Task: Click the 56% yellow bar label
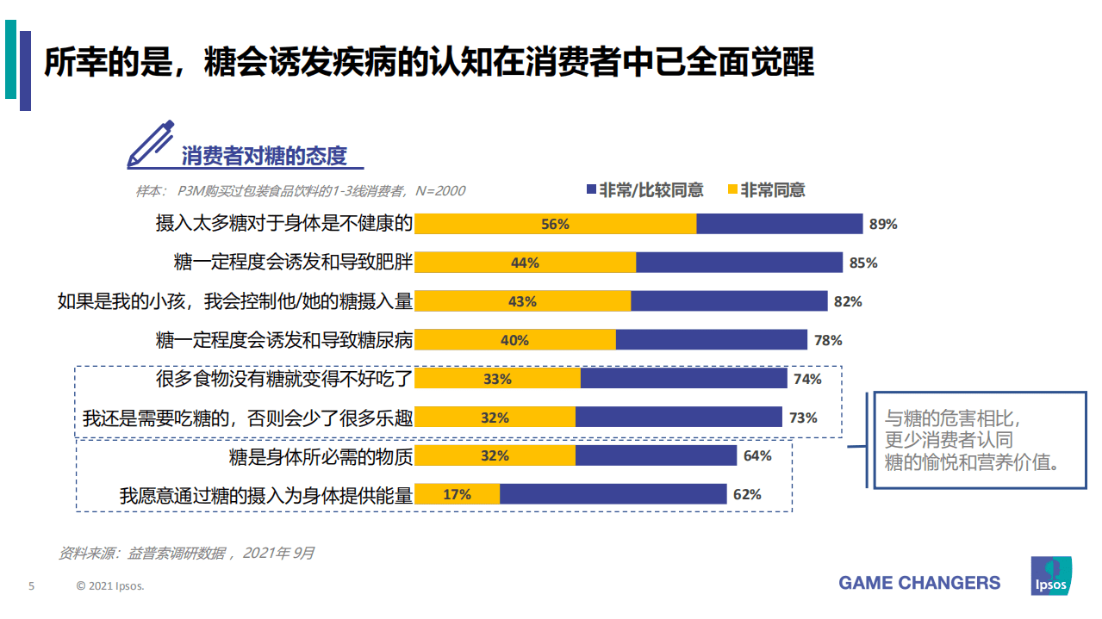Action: tap(555, 224)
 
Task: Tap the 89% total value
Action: tap(883, 224)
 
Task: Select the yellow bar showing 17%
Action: tap(458, 494)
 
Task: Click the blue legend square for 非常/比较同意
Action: tap(590, 190)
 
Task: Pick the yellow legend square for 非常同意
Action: tap(732, 190)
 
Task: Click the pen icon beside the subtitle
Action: tap(150, 145)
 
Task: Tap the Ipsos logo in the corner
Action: tap(1050, 575)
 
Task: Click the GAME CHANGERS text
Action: tap(919, 583)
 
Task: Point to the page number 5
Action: tap(32, 586)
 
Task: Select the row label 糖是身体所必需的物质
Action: tap(321, 455)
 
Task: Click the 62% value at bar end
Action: tap(747, 494)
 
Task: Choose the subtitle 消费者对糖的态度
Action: tap(264, 156)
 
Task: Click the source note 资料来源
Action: tap(186, 553)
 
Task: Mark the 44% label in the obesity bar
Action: tap(525, 263)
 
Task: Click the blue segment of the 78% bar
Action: tap(711, 340)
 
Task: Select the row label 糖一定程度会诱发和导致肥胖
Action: tap(293, 263)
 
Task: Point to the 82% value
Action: tap(848, 301)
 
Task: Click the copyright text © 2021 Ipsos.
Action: tap(110, 586)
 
